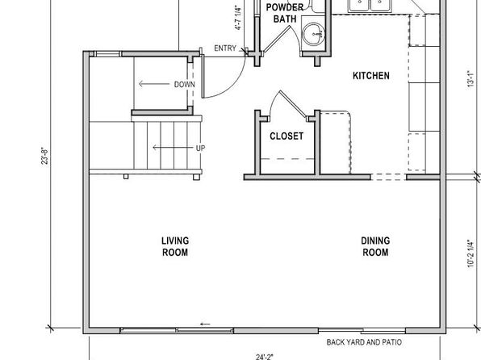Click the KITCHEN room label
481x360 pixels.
371,76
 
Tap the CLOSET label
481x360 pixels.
287,136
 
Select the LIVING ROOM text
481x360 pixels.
175,246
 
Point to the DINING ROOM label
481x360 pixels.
375,246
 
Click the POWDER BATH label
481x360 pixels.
285,13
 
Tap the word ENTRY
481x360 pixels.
225,48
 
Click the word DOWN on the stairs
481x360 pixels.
184,85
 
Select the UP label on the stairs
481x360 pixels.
201,149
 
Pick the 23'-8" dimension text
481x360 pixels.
44,157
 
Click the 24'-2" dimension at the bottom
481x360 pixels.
265,357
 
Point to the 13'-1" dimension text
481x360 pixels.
471,79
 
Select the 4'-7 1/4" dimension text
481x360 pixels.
239,18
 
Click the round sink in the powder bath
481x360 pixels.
314,33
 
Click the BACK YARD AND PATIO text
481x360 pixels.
364,342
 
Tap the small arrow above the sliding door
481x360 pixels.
205,324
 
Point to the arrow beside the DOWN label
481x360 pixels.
154,84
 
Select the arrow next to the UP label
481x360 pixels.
174,148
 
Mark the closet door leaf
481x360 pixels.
294,105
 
